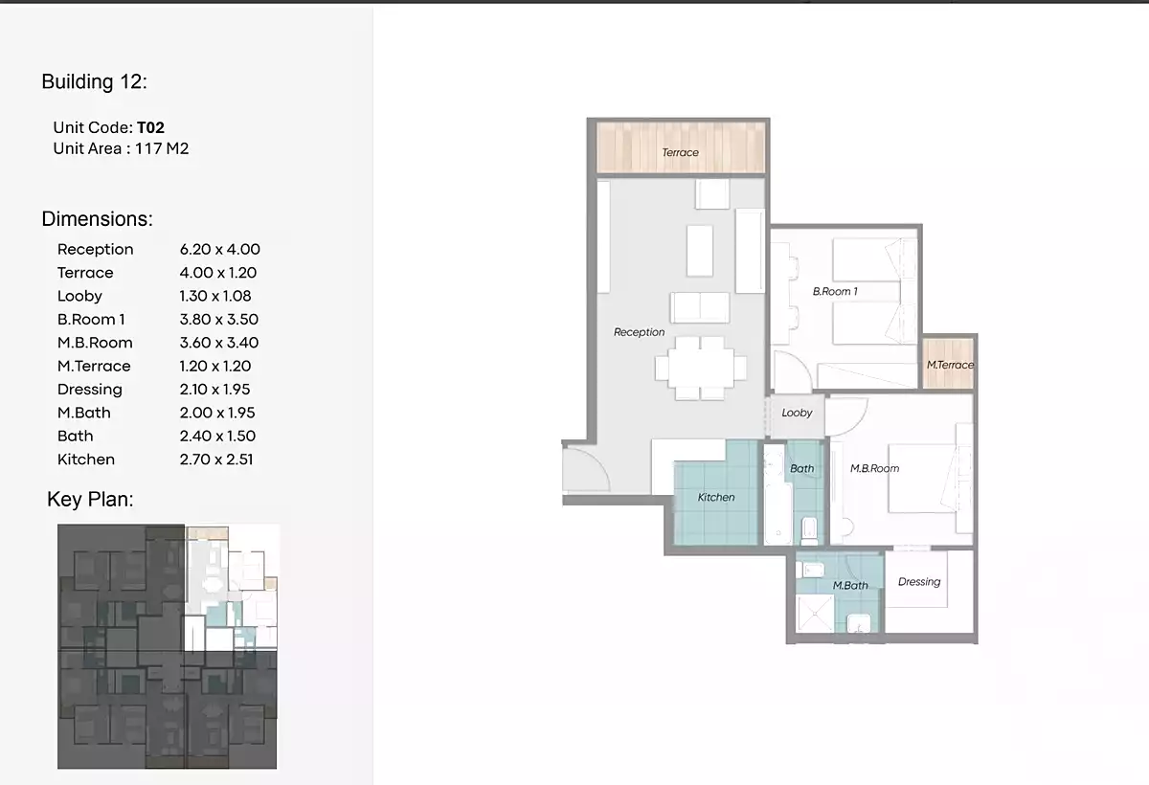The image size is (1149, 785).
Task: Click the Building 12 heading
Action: (94, 82)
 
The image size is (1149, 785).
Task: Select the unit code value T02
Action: (151, 127)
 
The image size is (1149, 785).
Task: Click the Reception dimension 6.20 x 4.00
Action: (219, 249)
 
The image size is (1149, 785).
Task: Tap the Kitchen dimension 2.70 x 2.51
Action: (215, 460)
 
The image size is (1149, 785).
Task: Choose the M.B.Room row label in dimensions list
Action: (95, 343)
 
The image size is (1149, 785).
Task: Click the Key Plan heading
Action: (90, 500)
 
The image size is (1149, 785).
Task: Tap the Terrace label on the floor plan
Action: (680, 152)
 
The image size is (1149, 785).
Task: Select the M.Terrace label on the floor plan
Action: (949, 365)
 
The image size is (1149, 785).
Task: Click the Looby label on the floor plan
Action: (796, 413)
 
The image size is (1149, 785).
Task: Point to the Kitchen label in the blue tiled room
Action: (715, 497)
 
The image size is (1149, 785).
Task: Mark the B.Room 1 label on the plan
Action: (835, 291)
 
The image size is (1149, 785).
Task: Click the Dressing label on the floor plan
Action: (918, 581)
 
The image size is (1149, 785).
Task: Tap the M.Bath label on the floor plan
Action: (849, 585)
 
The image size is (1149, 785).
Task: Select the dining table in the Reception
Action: (700, 368)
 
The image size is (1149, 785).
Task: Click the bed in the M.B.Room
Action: (919, 479)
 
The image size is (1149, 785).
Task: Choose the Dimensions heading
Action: (97, 219)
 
